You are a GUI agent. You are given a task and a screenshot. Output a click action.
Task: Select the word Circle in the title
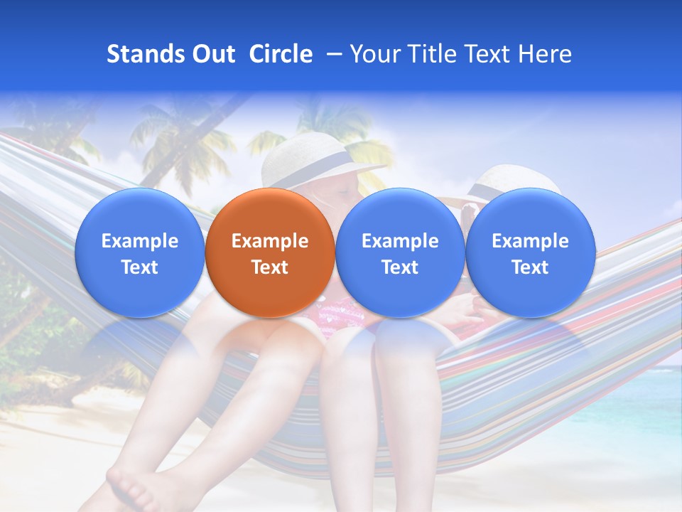tap(281, 54)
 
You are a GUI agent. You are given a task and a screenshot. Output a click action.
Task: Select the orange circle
tap(270, 292)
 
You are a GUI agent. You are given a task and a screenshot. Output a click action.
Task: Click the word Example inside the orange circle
tap(270, 241)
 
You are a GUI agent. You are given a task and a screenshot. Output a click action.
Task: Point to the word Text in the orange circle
tap(270, 267)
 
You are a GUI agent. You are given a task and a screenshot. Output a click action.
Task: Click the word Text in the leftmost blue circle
tap(140, 267)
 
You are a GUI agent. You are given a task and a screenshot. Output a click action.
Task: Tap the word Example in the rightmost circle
tap(530, 241)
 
